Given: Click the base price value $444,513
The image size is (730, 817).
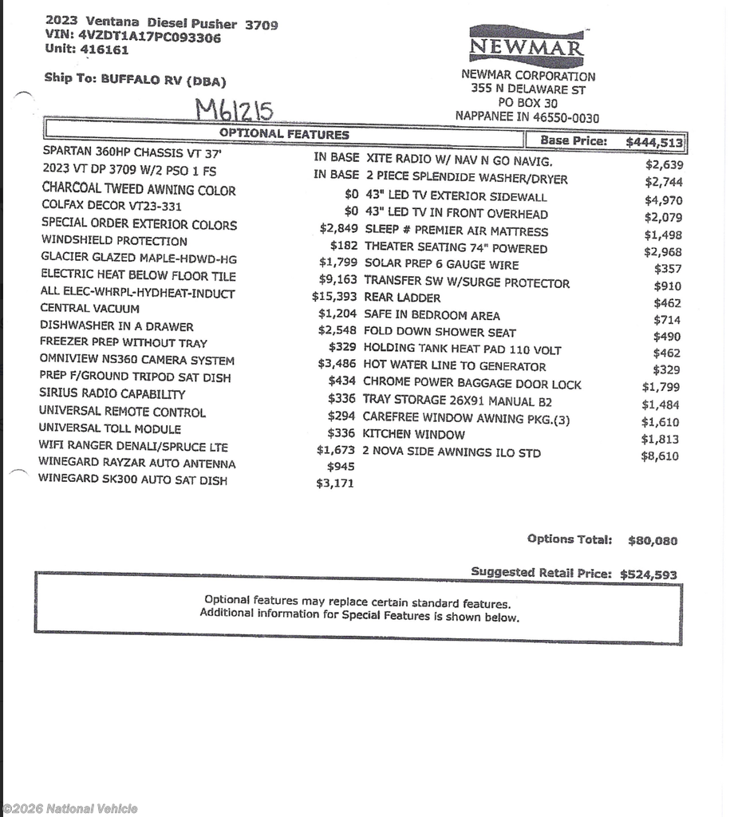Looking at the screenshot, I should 654,142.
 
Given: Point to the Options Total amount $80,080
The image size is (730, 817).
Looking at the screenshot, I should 653,540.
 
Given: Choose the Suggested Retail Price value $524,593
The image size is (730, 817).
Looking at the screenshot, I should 649,574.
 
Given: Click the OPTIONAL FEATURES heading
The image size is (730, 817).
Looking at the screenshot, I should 284,134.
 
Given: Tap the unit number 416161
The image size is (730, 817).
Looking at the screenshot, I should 103,49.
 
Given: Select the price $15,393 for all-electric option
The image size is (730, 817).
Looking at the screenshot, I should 334,296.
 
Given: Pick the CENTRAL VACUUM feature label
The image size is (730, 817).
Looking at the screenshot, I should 90,308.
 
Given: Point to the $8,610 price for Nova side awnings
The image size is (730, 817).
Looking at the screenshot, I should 661,456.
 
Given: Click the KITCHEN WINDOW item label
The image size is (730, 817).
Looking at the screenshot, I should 413,435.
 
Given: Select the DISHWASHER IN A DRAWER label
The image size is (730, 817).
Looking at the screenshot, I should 116,326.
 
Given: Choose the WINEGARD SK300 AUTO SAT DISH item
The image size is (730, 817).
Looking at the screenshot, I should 132,480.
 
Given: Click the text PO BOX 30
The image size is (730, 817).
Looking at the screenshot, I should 527,103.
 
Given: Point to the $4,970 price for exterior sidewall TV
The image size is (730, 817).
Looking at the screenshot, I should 663,200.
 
